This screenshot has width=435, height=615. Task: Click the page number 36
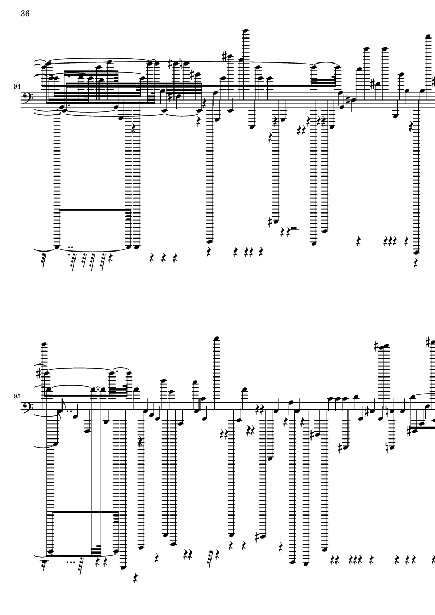click(25, 14)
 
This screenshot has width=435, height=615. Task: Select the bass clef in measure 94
click(28, 98)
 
